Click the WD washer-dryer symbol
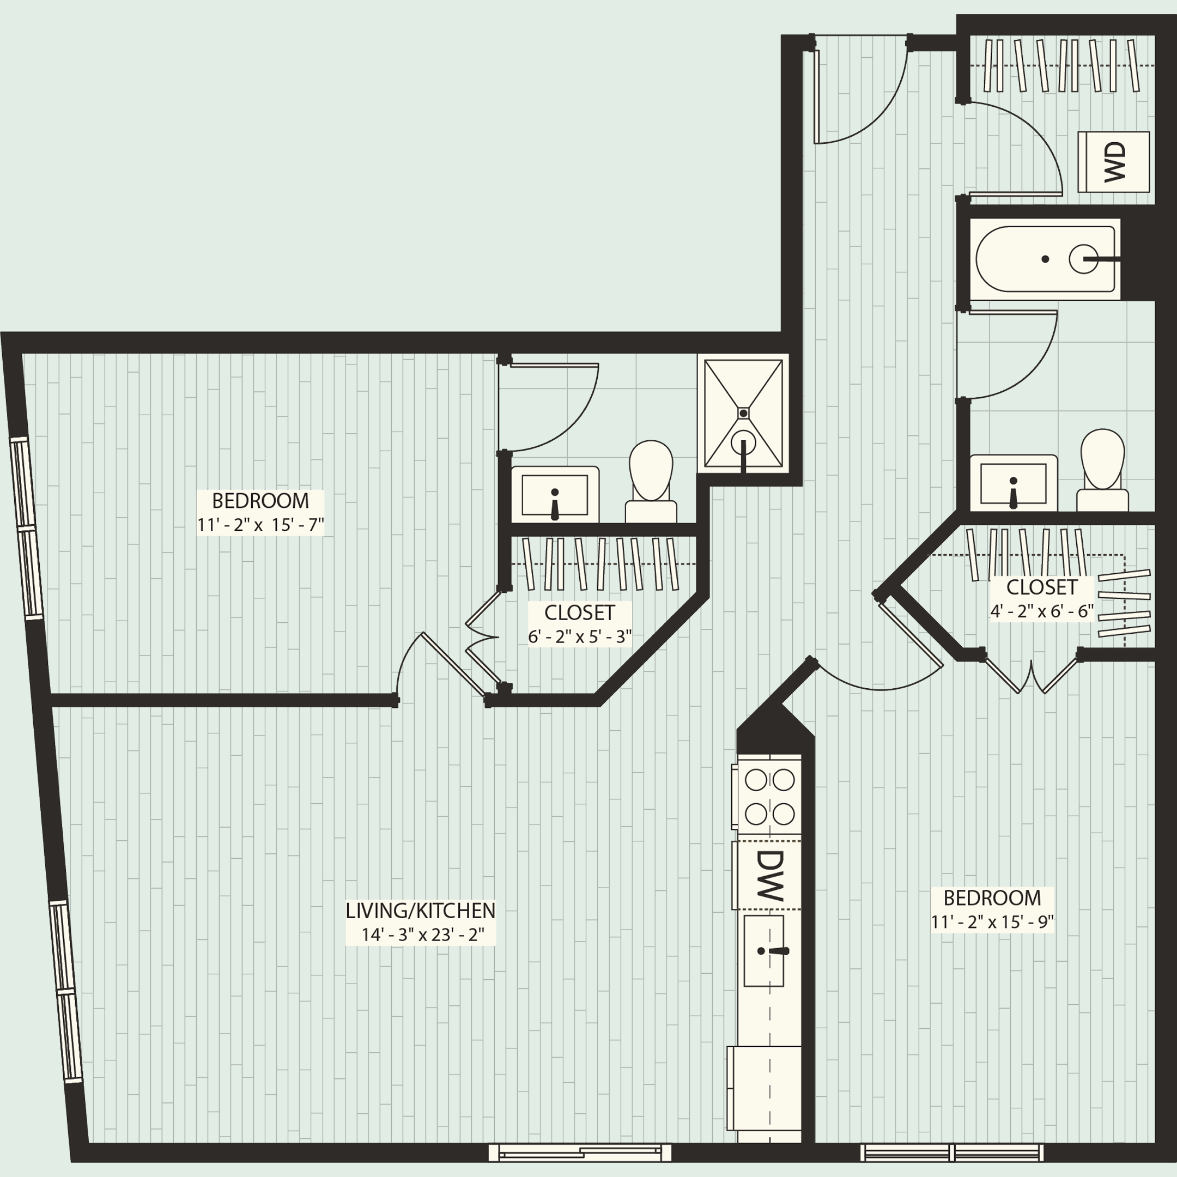point(1114,162)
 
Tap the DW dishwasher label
point(769,876)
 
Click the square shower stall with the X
point(743,413)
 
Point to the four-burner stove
point(769,796)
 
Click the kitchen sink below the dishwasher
point(763,950)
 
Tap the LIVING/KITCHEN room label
point(420,911)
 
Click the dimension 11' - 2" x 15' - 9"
point(992,922)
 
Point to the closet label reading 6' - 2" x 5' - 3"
point(579,636)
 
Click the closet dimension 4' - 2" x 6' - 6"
point(1042,611)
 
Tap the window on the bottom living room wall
point(579,1152)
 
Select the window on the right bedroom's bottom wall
point(951,1152)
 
